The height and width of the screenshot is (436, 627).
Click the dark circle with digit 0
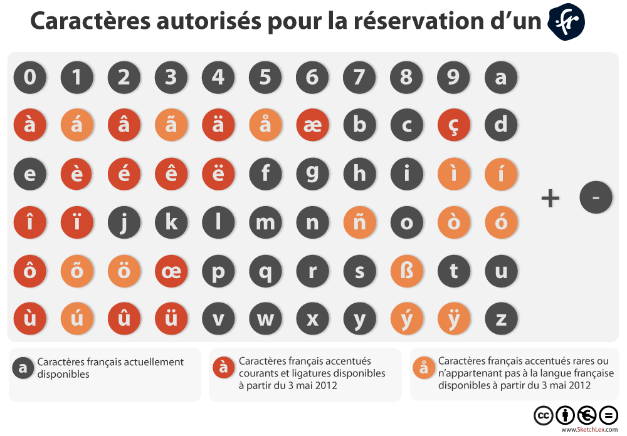click(x=30, y=78)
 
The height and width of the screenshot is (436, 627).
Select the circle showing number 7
click(x=359, y=78)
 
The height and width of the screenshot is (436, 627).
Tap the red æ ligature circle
click(x=312, y=125)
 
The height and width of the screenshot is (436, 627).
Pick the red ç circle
click(x=454, y=125)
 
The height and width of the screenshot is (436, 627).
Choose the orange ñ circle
click(x=359, y=222)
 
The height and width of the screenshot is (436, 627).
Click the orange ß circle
click(x=406, y=271)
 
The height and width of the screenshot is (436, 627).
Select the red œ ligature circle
click(x=171, y=271)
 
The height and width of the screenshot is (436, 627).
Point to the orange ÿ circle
click(x=454, y=319)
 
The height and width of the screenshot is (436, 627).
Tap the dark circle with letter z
click(x=501, y=319)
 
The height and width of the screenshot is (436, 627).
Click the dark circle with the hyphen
click(x=596, y=198)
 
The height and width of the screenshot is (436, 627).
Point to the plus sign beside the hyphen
click(x=550, y=199)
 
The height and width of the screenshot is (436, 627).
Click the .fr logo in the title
click(x=566, y=22)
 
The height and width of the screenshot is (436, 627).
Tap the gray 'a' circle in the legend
click(x=23, y=368)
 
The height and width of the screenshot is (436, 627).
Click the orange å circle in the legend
click(x=424, y=368)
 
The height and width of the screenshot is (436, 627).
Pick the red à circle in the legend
click(x=223, y=368)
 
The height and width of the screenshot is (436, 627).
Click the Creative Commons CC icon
click(x=543, y=415)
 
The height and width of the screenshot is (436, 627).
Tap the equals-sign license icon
click(x=608, y=415)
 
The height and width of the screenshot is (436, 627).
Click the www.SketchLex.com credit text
click(x=589, y=430)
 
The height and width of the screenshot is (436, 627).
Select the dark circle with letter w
click(x=265, y=319)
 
